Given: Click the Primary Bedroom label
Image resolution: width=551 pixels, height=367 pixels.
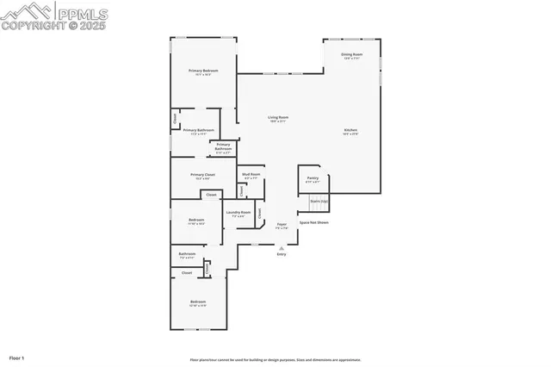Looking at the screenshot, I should [x=203, y=72].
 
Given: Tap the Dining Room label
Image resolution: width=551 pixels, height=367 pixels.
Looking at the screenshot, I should [x=352, y=56].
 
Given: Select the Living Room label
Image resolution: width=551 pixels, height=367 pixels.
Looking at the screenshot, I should [x=277, y=118].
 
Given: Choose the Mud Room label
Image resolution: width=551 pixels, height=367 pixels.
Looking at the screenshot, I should [x=251, y=176].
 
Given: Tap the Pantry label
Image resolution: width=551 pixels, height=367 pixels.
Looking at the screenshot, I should [x=313, y=180].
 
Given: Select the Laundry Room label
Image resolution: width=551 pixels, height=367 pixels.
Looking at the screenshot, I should [x=238, y=214].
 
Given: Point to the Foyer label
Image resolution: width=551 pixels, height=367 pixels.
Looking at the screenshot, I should [x=282, y=226].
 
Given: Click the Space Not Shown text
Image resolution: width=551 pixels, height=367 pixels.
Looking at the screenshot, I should [x=313, y=222].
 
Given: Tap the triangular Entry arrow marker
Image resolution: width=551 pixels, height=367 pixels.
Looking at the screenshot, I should [x=282, y=248].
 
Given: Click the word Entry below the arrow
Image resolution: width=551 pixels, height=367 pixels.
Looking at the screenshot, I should [x=282, y=255].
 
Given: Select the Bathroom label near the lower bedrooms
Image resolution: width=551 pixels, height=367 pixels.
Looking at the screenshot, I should [x=187, y=255].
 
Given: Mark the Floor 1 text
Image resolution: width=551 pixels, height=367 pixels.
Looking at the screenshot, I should [x=17, y=357].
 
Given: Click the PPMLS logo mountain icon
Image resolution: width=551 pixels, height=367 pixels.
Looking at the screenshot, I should [x=27, y=12].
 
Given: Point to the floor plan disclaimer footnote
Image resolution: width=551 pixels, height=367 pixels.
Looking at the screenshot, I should [x=275, y=360].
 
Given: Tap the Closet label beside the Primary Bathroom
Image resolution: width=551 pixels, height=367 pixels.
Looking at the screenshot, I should [x=175, y=117].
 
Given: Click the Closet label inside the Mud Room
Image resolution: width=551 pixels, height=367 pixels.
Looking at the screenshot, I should [x=241, y=189].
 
